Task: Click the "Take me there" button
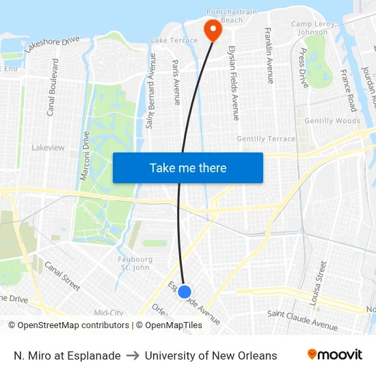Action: click(x=188, y=167)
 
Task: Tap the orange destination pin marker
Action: click(x=212, y=28)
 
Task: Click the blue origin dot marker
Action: click(x=184, y=292)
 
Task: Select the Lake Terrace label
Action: click(x=174, y=40)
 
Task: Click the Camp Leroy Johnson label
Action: click(x=314, y=28)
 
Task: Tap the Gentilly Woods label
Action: click(x=332, y=121)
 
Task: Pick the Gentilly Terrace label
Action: click(x=266, y=139)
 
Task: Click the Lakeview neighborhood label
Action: click(x=48, y=147)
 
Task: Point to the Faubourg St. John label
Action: click(x=135, y=263)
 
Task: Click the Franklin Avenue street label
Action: click(x=269, y=56)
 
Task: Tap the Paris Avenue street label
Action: click(x=176, y=82)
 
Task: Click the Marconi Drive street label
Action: click(x=85, y=156)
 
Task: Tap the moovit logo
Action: click(x=335, y=355)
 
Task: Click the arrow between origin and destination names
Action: click(x=133, y=355)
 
